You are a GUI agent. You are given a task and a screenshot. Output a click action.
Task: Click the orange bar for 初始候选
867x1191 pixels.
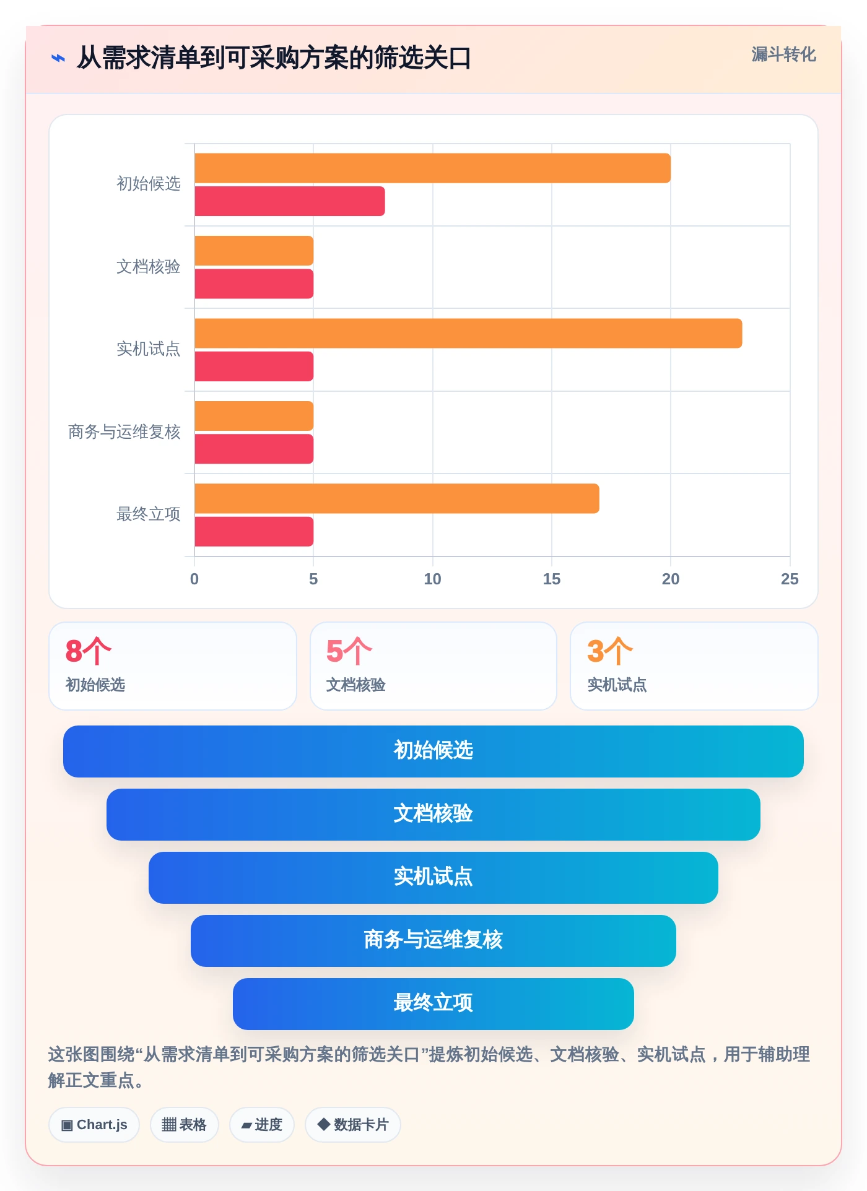432,168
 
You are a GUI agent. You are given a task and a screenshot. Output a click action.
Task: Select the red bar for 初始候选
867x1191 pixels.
290,201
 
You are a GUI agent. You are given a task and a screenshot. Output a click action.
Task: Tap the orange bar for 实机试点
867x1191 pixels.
468,333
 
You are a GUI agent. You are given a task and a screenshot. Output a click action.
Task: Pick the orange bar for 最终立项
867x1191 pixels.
397,498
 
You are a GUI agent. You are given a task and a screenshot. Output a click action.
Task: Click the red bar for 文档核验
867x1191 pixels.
254,284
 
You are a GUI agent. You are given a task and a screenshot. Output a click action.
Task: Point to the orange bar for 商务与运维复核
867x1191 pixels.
254,416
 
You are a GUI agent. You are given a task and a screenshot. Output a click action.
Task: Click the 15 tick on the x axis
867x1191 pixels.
551,579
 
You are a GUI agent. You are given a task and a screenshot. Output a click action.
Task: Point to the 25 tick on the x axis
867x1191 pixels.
790,579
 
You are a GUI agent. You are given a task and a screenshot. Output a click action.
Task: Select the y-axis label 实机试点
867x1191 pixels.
149,349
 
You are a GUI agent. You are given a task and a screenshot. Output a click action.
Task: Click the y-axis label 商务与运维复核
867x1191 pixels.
124,431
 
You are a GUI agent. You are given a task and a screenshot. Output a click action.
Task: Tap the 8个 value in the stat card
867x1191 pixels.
89,651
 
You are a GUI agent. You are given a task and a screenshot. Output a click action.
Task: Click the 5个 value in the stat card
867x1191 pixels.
349,651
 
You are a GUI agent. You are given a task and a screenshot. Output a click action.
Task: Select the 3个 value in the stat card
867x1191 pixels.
610,651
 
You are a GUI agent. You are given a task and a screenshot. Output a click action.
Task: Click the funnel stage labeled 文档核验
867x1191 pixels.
434,815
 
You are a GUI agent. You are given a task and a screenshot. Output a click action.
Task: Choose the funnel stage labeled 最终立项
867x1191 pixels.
434,1004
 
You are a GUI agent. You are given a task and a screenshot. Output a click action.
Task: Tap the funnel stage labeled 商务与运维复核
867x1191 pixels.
434,941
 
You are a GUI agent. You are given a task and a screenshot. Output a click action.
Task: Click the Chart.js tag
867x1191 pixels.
94,1125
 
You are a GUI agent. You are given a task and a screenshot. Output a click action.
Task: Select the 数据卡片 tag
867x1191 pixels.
353,1125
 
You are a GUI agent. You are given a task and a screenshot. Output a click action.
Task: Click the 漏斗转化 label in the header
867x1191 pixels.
784,54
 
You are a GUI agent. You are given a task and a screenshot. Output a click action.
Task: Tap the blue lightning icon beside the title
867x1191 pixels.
58,58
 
